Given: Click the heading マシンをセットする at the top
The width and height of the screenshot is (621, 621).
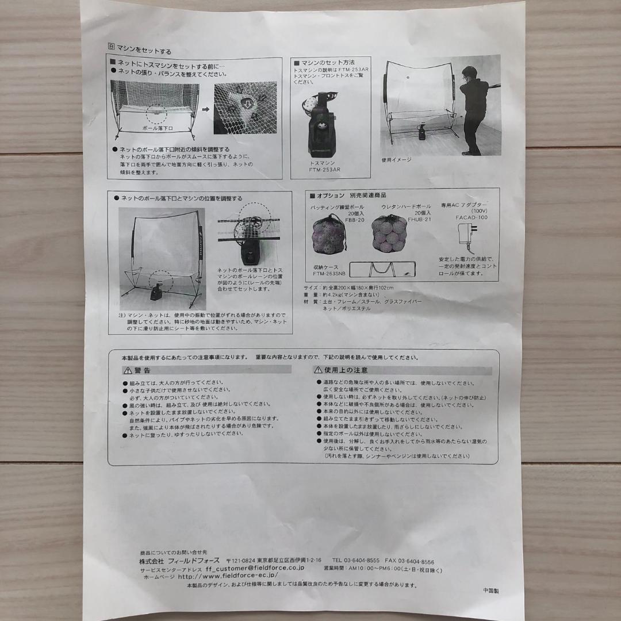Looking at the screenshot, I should click(144, 51).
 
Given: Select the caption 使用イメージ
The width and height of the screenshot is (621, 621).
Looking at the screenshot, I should click(396, 160).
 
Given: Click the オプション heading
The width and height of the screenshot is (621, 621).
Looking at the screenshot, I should click(331, 195).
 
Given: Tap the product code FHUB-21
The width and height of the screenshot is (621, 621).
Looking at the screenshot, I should click(419, 219).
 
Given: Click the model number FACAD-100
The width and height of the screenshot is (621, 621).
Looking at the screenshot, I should click(471, 218).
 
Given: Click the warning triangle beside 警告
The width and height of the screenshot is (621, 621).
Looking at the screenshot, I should click(127, 370).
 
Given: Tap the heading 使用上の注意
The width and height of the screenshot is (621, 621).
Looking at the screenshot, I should click(346, 370).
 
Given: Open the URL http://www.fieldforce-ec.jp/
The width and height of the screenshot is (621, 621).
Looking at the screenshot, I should click(228, 574).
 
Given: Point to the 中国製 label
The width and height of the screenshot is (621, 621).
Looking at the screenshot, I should click(492, 591).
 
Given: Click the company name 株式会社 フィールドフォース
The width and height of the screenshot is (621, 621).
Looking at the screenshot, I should click(181, 560).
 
